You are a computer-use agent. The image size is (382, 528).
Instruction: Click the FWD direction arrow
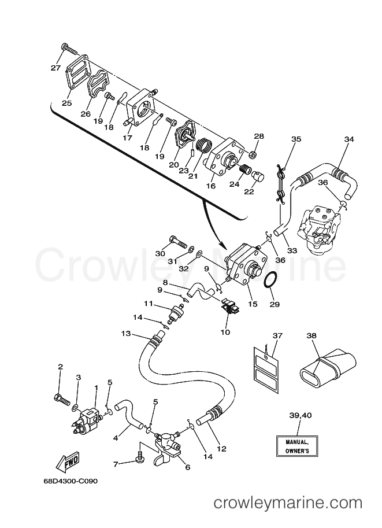coord(66,461)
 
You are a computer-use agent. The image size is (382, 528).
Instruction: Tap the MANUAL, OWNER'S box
coord(297,446)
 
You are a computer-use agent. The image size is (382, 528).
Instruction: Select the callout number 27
coord(55,68)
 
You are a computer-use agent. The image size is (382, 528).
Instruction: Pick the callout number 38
coord(311,336)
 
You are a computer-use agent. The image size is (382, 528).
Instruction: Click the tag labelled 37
coord(266,368)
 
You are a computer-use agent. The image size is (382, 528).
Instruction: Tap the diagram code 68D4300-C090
coord(71,481)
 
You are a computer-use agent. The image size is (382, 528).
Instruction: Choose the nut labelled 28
coord(255,155)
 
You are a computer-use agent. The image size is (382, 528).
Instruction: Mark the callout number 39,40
coord(300,416)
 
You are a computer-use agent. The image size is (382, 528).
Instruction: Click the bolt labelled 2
coord(61,400)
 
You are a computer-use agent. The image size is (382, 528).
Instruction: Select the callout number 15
coord(253,304)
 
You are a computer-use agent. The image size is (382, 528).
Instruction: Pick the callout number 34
coord(349,139)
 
